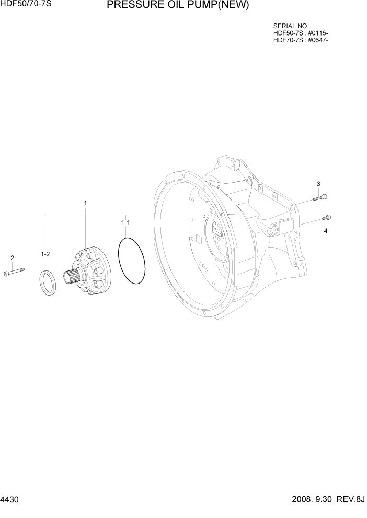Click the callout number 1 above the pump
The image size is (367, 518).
pyautogui.click(x=85, y=203)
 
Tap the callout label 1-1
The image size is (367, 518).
pyautogui.click(x=125, y=223)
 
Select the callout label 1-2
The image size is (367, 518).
pyautogui.click(x=45, y=254)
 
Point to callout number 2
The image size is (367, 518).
pyautogui.click(x=12, y=257)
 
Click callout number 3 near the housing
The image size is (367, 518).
pyautogui.click(x=318, y=184)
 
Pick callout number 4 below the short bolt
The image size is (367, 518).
pyautogui.click(x=326, y=231)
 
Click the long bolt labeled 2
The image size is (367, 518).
pyautogui.click(x=14, y=272)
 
